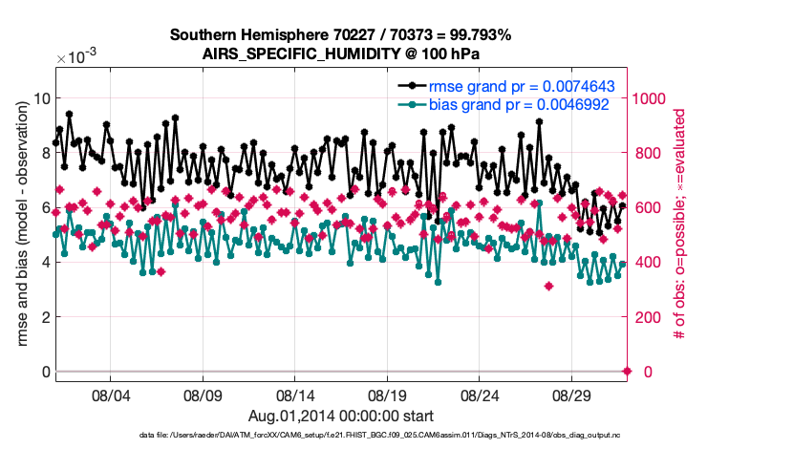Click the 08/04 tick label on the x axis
[x=109, y=395]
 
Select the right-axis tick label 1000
[x=657, y=98]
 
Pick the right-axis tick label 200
[x=653, y=317]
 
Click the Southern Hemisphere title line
[x=340, y=35]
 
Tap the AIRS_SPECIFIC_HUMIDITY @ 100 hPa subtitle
[x=340, y=53]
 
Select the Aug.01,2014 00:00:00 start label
[x=341, y=416]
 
